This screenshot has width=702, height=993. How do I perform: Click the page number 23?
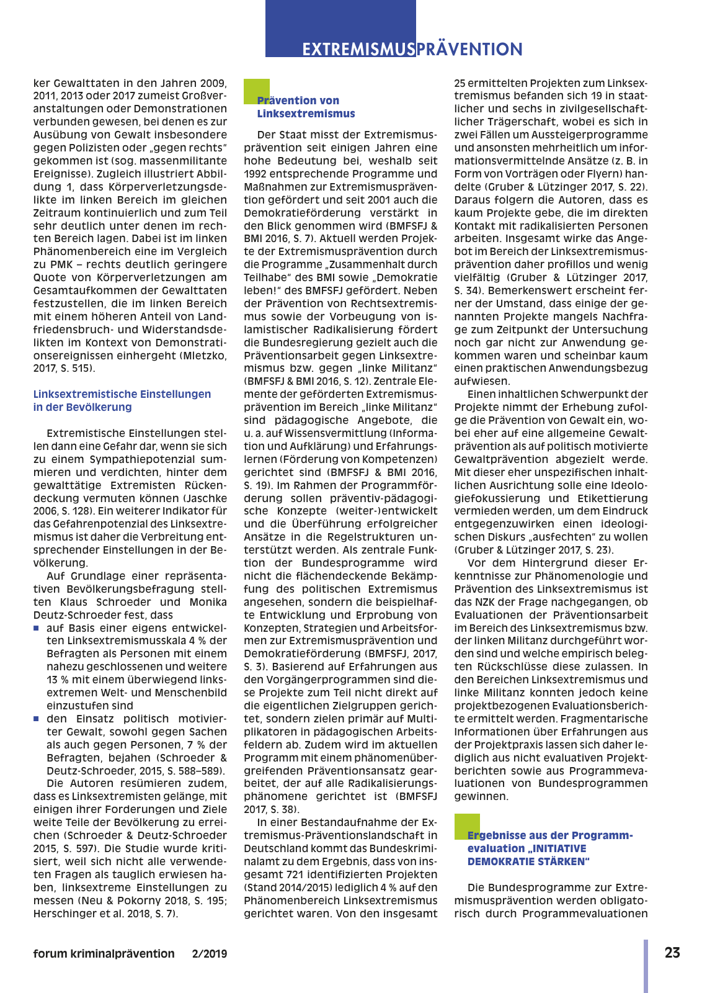point(672,953)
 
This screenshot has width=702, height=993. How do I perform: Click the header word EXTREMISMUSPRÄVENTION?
point(412,50)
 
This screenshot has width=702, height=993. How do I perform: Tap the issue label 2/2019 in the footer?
point(210,954)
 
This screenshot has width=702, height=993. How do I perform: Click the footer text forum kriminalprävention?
point(104,954)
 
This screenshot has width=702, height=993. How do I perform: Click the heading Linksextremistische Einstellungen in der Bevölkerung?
point(122,400)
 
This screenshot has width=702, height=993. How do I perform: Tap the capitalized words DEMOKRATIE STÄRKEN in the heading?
point(528,861)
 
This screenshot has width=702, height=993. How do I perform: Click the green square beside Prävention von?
point(256,91)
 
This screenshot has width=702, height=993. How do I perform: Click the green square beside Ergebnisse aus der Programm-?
point(466,826)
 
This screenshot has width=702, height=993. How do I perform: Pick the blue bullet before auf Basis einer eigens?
point(37,628)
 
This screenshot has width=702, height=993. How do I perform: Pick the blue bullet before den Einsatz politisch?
point(37,719)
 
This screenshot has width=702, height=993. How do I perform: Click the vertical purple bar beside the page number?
point(646,966)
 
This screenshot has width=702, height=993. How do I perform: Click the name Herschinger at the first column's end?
point(63,914)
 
